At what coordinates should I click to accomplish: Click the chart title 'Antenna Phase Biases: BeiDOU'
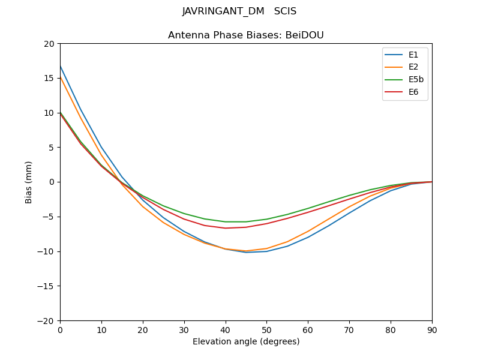245,35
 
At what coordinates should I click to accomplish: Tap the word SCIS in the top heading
285,11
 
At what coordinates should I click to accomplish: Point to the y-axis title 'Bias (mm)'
29,182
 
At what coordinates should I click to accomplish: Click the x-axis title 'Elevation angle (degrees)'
245,342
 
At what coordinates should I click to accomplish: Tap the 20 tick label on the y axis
49,44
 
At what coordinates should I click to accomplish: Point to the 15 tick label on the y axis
49,78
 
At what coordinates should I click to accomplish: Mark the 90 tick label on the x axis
431,330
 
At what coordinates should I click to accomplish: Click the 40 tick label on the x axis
225,330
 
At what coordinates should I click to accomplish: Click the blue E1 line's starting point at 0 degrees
61,66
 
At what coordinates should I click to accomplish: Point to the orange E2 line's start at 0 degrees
61,77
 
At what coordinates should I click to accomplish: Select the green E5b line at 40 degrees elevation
226,222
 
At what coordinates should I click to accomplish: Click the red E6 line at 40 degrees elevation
226,228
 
